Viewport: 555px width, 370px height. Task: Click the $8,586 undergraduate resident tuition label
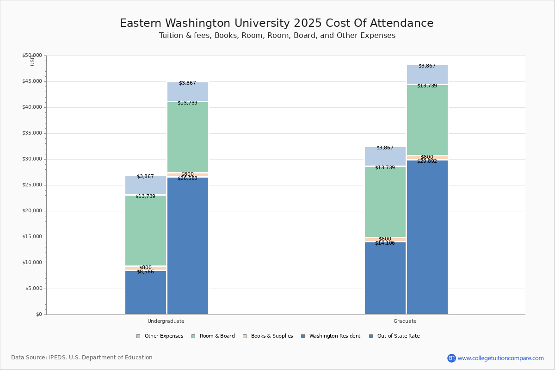[145, 272]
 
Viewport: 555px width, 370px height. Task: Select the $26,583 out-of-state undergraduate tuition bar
[188, 245]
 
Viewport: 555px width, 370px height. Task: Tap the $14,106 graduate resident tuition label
[385, 243]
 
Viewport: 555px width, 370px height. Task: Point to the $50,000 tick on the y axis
[32, 55]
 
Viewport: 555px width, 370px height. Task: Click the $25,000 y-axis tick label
[32, 185]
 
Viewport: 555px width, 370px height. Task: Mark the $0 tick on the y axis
[38, 314]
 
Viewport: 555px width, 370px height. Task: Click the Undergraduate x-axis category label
[166, 321]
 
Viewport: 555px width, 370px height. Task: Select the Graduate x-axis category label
[405, 321]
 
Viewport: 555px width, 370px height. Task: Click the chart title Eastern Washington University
[277, 23]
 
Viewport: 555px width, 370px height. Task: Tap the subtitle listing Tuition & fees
[277, 36]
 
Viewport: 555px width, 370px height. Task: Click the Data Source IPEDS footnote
[82, 358]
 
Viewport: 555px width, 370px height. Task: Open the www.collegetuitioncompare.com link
[500, 358]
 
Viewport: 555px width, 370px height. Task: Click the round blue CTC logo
[451, 358]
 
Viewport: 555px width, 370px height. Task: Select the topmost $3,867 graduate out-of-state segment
[427, 74]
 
